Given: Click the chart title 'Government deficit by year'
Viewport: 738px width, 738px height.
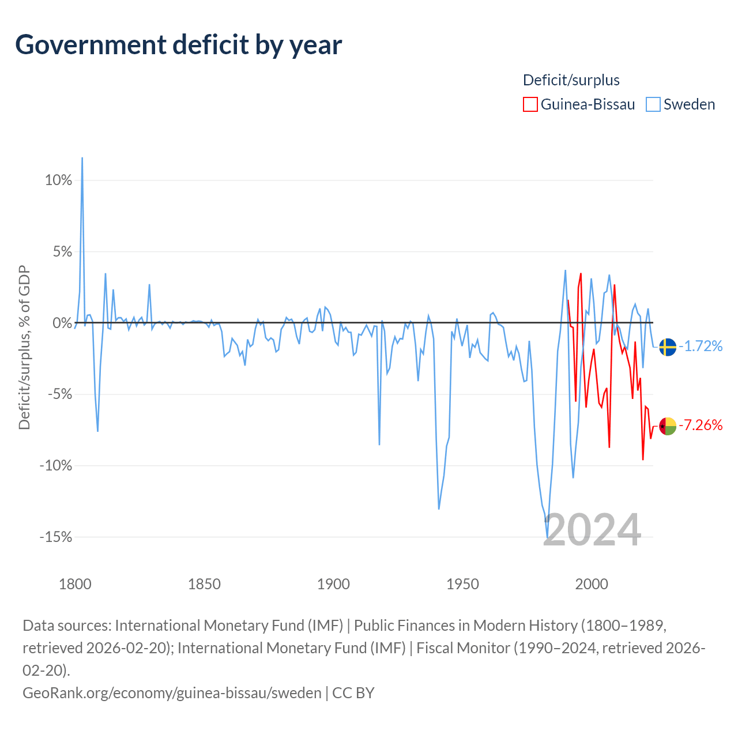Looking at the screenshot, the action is coord(178,45).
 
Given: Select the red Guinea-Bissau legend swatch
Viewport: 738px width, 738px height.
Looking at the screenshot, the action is coord(530,104).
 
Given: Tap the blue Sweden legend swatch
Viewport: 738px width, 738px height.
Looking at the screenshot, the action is coord(653,104).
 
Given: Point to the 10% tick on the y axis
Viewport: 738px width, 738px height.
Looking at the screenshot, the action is coord(59,180).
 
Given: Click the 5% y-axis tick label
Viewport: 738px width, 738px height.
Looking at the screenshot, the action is coord(62,251).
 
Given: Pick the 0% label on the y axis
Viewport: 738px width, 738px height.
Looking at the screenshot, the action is coord(62,323).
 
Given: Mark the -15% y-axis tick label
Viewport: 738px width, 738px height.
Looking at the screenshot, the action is coord(56,537).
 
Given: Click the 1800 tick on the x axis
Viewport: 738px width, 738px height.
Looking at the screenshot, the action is coord(75,584).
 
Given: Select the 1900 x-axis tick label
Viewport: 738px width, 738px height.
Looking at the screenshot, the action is coord(334,584).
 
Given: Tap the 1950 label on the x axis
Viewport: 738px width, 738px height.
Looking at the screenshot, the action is coord(462,584).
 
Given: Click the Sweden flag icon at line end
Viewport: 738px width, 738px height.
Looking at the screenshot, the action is coord(668,347).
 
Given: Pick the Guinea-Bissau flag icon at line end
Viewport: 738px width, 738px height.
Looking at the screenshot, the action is coord(668,426).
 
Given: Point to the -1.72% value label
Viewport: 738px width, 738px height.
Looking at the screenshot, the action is coord(701,346).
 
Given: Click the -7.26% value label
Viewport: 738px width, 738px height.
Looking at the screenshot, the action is coord(701,425).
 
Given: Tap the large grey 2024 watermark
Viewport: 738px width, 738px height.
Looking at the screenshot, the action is coord(592,530).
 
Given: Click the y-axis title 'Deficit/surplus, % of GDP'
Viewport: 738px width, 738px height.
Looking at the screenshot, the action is coord(25,347).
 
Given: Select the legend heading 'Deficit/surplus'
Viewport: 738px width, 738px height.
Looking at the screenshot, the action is coord(571,80).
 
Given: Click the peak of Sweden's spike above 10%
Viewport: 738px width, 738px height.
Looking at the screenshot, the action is coord(82,158).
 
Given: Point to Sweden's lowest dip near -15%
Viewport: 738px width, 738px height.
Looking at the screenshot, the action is coord(547,537).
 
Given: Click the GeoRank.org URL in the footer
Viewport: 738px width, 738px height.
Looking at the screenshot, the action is coord(172,693).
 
